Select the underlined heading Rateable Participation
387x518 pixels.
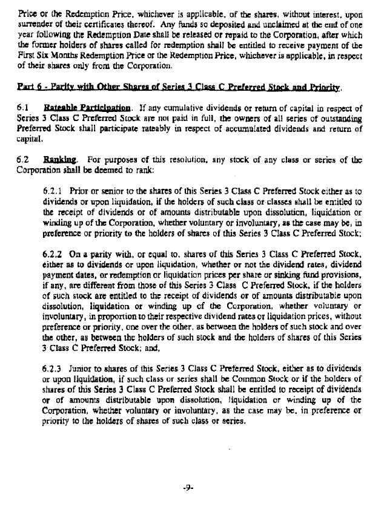pos(74,108)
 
